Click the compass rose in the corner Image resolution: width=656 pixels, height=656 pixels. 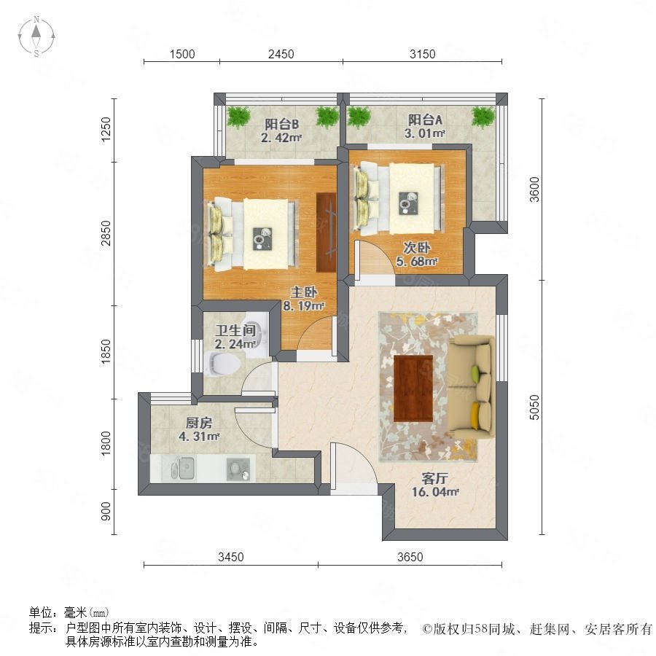36,36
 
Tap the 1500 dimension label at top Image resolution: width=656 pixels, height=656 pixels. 182,54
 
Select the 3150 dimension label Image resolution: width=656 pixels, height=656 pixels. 422,54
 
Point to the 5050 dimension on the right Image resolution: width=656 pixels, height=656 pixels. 534,407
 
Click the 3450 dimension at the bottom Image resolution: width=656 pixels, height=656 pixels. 231,557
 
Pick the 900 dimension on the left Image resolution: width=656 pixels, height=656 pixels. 106,511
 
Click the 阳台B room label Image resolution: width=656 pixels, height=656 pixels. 282,124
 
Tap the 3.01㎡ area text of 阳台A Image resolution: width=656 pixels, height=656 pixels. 424,133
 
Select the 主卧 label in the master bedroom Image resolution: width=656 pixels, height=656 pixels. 304,292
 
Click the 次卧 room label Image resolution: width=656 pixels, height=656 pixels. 417,248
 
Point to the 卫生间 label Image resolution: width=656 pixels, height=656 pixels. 235,330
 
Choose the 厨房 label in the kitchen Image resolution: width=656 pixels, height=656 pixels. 199,423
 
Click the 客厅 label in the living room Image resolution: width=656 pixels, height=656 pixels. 434,478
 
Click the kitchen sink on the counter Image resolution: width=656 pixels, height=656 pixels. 183,468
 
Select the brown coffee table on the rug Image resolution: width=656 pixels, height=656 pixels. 413,388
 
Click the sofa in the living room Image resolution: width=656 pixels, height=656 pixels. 472,387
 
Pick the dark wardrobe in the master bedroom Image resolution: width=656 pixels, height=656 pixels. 327,233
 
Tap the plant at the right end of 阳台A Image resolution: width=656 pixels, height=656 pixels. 483,116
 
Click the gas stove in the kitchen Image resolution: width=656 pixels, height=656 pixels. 238,469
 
